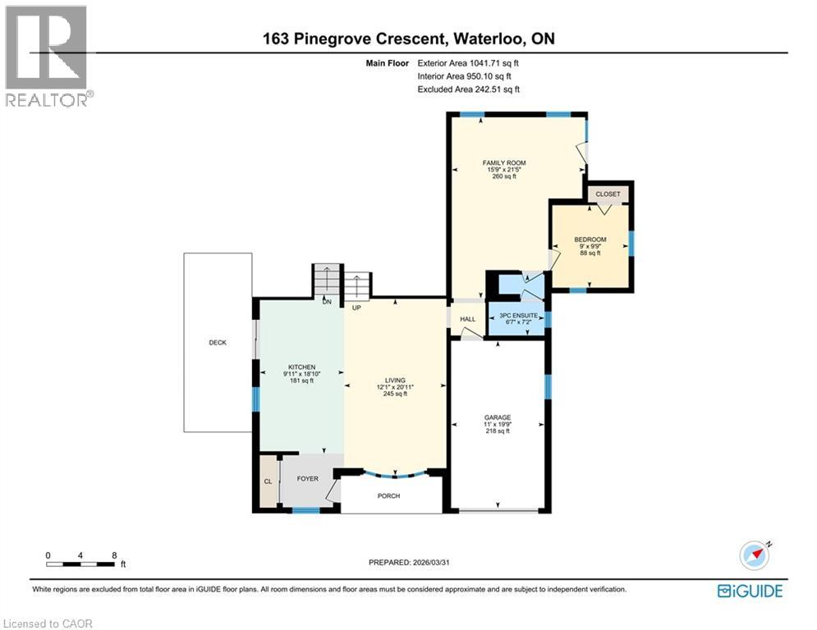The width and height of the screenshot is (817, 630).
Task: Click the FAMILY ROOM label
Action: tap(503, 163)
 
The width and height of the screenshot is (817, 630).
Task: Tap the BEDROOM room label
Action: tap(590, 239)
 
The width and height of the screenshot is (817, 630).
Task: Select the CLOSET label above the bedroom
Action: tap(608, 194)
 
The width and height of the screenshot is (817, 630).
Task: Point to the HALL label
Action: tap(467, 319)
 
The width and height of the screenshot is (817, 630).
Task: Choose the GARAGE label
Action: tap(498, 418)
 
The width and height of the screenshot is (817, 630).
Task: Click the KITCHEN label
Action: tap(301, 367)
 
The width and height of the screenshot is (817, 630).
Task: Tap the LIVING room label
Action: tap(395, 381)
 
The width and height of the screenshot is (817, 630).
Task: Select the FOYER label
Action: tap(307, 478)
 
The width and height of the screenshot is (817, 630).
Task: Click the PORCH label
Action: tap(388, 496)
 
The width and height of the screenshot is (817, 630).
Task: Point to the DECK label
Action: tap(217, 343)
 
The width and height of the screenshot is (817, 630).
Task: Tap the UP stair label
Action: tap(356, 308)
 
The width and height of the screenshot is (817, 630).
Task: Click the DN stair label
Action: tap(326, 302)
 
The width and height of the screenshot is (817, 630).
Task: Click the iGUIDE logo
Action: tap(750, 591)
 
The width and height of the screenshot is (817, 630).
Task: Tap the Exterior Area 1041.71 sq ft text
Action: tap(469, 62)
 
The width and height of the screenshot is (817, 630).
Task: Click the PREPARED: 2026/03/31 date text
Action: tap(409, 562)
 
